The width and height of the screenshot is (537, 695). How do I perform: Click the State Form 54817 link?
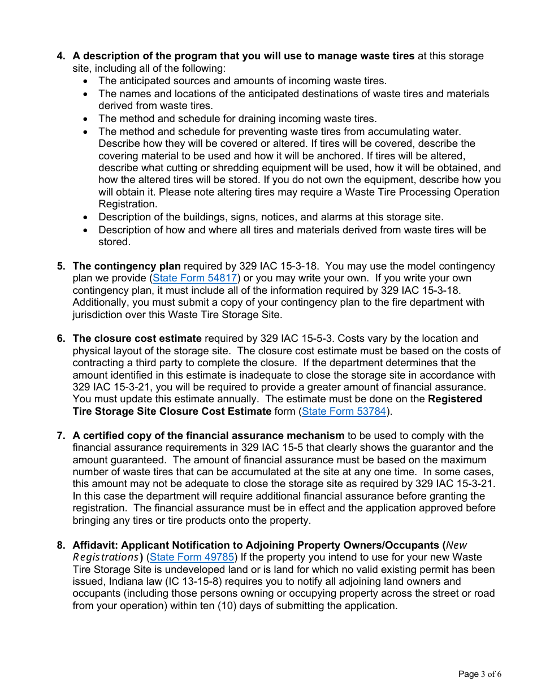(195, 278)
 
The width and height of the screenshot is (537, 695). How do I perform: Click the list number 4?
(60, 56)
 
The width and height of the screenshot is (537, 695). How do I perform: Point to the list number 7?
(60, 436)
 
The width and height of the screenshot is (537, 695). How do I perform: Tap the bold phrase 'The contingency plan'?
(127, 266)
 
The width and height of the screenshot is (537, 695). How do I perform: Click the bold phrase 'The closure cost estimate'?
(137, 338)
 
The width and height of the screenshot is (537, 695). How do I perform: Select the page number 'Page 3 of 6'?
(479, 674)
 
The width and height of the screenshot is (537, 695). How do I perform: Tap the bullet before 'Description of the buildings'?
(85, 218)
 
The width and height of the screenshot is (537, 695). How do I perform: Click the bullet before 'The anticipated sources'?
(85, 81)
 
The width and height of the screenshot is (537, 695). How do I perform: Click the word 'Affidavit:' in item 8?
(95, 545)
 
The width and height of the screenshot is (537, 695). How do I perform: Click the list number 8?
(60, 545)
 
